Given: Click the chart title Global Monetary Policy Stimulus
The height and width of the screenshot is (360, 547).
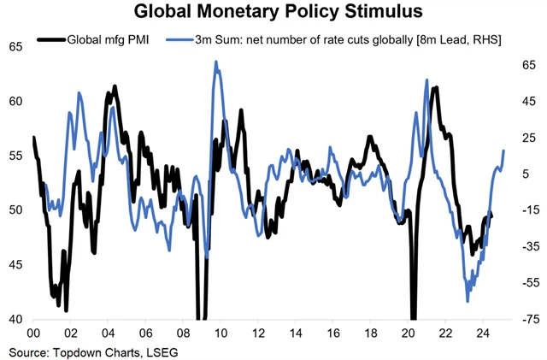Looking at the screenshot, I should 273,14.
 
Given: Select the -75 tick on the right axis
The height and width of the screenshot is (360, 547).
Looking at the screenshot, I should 528,319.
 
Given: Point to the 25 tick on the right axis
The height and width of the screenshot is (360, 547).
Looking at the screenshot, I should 526,137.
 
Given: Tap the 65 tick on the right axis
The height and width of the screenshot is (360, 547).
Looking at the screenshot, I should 526,64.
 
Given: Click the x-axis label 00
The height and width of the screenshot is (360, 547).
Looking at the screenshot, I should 34,334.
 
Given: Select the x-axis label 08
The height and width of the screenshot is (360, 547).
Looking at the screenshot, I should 183,334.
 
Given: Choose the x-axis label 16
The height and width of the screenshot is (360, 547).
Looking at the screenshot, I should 333,334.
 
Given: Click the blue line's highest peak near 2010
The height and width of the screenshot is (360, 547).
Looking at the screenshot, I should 216,62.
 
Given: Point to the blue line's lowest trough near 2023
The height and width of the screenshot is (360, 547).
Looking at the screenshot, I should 468,301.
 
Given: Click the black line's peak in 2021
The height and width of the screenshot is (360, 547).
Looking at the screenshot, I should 436,88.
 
